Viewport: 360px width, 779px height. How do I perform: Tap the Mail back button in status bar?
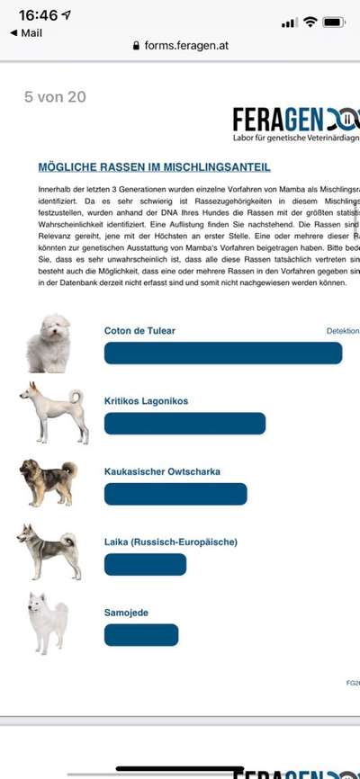tap(26, 32)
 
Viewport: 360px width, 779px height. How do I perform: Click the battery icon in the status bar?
tap(334, 21)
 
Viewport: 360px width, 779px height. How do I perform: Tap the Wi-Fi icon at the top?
tap(310, 21)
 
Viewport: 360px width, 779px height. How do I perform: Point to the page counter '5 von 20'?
tap(55, 97)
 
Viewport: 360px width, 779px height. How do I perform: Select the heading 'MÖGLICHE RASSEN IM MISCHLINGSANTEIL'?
tap(154, 167)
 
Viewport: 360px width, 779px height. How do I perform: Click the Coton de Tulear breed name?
tap(139, 330)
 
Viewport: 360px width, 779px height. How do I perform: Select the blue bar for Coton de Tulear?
tap(223, 353)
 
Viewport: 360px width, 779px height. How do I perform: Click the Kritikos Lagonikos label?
tap(146, 400)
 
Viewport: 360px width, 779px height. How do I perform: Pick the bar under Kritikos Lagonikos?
tap(184, 423)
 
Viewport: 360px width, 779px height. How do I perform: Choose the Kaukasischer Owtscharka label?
tap(162, 470)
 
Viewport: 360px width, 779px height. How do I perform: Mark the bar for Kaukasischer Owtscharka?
tap(175, 494)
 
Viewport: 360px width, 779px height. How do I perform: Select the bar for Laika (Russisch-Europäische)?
tap(145, 564)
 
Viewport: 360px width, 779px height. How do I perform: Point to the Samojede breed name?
tap(126, 613)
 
